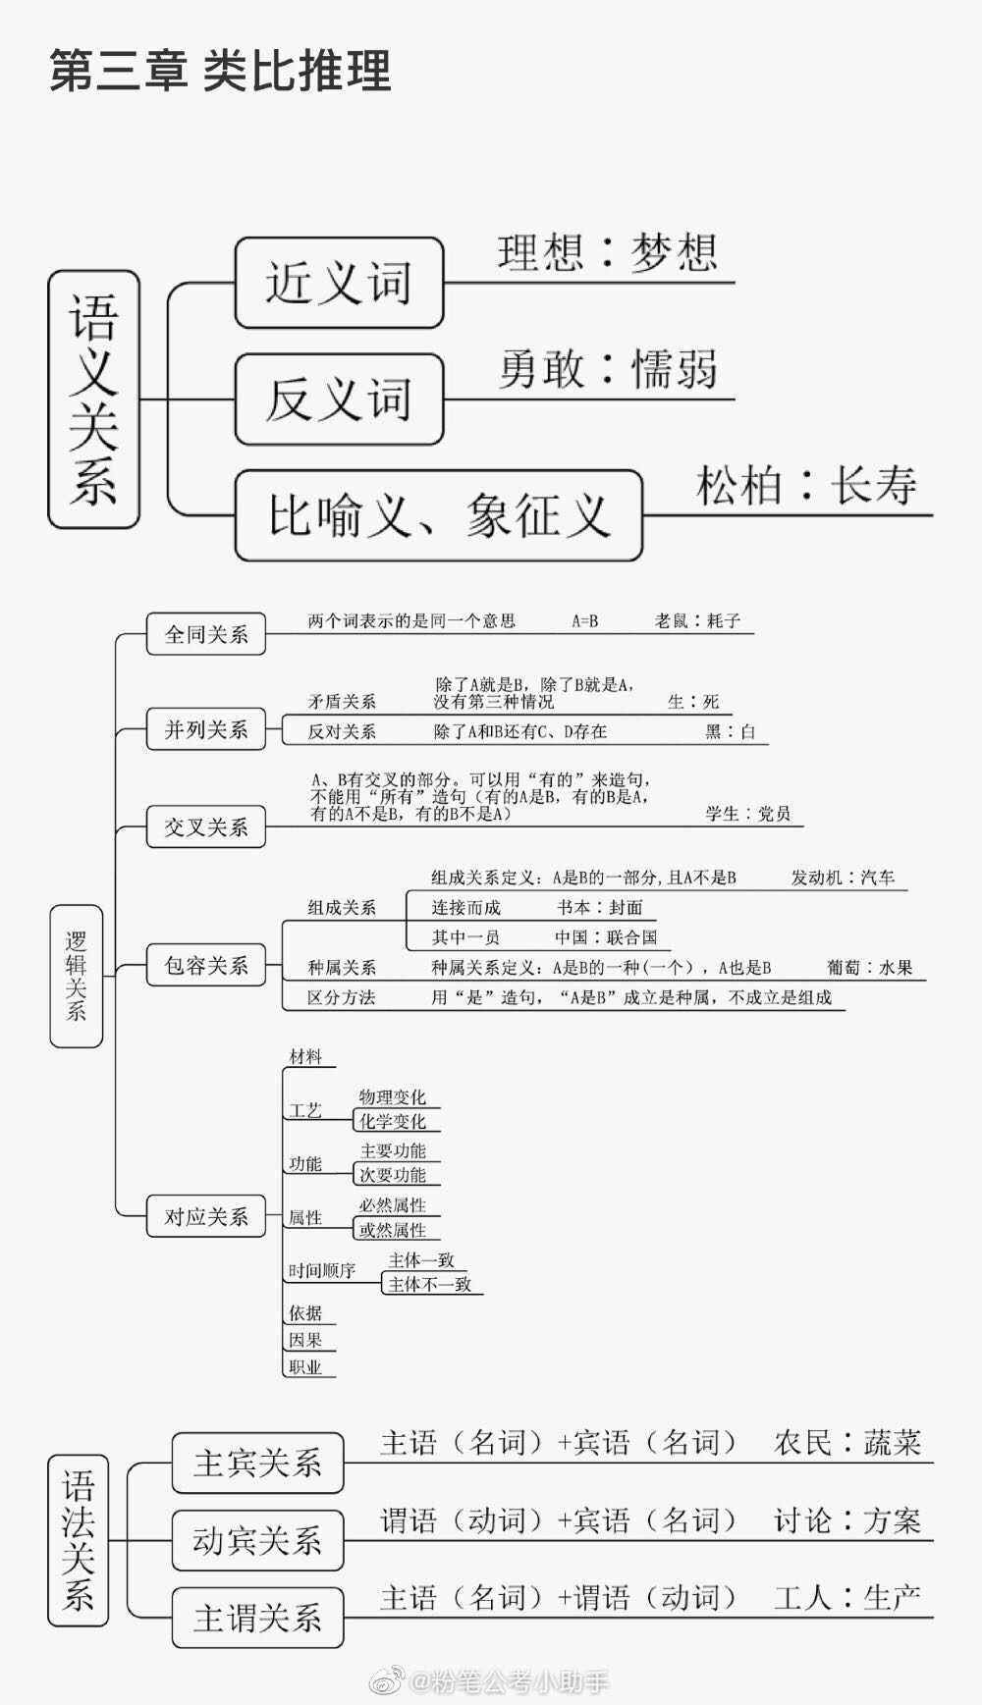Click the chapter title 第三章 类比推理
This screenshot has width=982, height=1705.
[x=221, y=71]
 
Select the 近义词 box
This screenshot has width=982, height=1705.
[x=339, y=283]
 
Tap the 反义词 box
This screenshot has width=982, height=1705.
[x=339, y=400]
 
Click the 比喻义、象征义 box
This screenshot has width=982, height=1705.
[x=439, y=515]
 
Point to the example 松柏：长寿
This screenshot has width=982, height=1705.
[x=806, y=485]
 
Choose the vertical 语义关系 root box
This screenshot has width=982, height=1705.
[x=93, y=400]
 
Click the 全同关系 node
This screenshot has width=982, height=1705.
[x=206, y=634]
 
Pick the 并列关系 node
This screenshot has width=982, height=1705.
[x=206, y=729]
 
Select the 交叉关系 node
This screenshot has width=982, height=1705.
[x=206, y=826]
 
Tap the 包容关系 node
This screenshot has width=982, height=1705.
[x=206, y=966]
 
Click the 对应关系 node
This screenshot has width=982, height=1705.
[x=206, y=1217]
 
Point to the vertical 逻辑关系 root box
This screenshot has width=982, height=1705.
[x=77, y=976]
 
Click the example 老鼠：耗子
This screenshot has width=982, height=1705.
[x=697, y=620]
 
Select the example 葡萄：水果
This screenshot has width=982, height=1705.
[x=869, y=968]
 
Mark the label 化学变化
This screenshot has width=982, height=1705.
[x=393, y=1121]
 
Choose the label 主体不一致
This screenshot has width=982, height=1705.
[x=430, y=1284]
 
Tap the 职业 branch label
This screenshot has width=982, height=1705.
[x=305, y=1367]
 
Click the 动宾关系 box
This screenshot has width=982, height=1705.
[x=257, y=1540]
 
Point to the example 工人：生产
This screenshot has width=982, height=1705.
[x=847, y=1598]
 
